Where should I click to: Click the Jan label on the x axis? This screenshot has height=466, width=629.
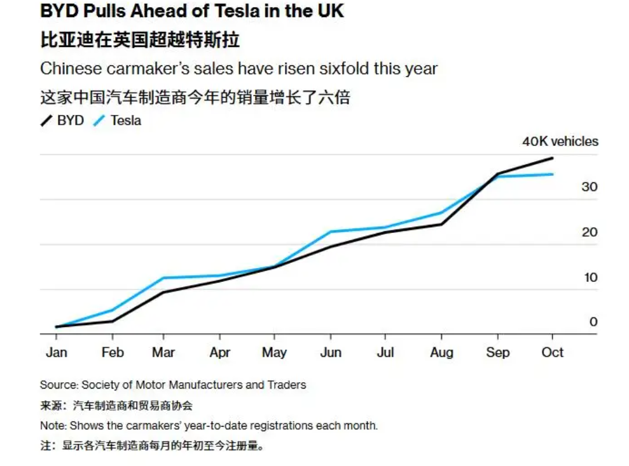tap(57, 352)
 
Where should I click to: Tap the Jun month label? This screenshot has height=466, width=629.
tap(330, 352)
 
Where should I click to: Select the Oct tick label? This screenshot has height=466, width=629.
tap(552, 352)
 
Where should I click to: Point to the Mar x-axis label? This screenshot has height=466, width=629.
tap(163, 352)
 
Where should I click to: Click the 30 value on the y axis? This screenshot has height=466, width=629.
tap(589, 187)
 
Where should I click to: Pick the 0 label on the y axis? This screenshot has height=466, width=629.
tap(593, 322)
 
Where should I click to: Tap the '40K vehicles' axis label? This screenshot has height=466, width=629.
tap(560, 142)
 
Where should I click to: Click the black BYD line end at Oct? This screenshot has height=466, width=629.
tap(552, 158)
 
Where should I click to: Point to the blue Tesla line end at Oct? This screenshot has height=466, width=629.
tap(552, 174)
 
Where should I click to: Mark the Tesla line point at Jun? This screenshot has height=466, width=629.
tap(330, 232)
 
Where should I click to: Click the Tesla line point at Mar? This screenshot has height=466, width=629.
tap(163, 278)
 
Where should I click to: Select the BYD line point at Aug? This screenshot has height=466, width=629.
tap(441, 224)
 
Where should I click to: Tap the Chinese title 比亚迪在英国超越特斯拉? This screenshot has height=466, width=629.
tap(140, 40)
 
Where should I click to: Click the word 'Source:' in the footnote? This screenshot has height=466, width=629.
tap(59, 385)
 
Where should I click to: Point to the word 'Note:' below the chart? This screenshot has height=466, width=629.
tap(53, 425)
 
